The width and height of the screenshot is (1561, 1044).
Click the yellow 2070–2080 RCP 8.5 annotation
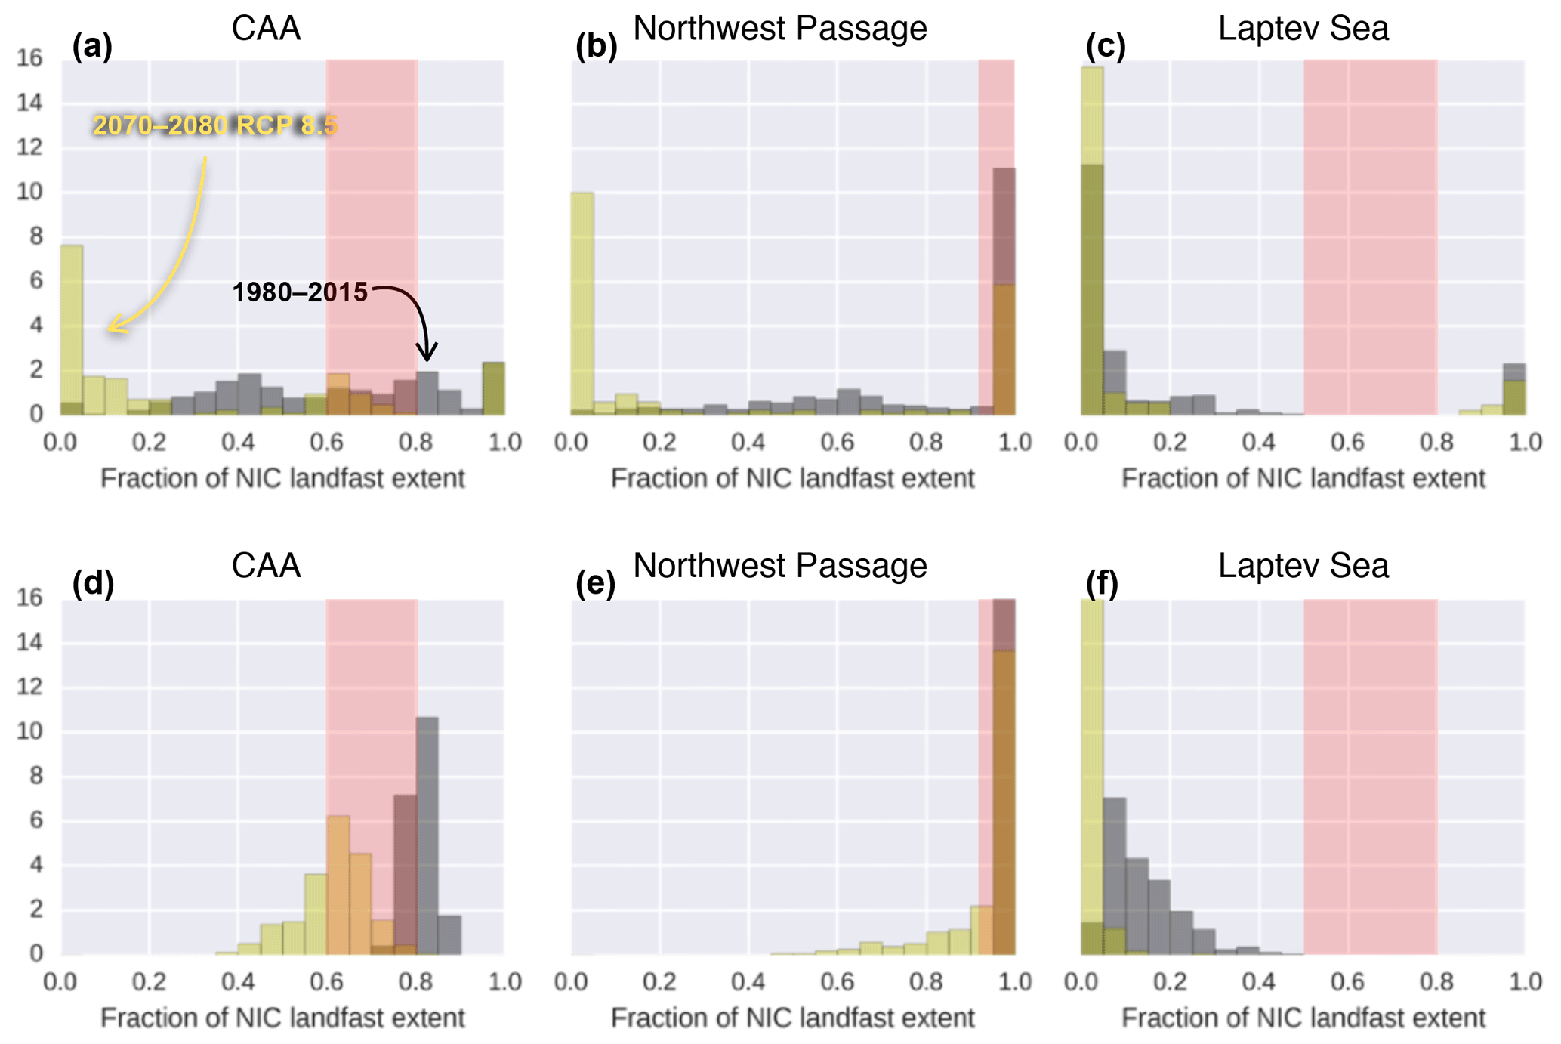tap(215, 125)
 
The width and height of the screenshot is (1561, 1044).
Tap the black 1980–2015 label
tap(300, 292)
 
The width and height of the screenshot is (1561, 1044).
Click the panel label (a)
tap(92, 46)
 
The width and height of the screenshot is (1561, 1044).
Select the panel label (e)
tap(595, 583)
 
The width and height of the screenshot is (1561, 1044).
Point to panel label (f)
tap(1101, 583)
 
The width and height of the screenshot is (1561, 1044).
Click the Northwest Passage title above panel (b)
tap(779, 29)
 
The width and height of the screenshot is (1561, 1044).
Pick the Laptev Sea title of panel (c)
tap(1303, 29)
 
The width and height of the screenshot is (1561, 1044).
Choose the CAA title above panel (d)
tap(266, 566)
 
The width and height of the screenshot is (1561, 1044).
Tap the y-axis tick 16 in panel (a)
tap(29, 58)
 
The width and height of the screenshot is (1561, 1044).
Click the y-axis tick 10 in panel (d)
tap(29, 731)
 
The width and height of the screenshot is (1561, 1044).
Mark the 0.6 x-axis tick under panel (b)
tap(837, 443)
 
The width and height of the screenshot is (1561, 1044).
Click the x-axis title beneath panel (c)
tap(1303, 479)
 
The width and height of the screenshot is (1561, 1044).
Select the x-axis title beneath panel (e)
tap(792, 1018)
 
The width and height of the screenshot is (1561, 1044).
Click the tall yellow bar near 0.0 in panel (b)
tap(582, 302)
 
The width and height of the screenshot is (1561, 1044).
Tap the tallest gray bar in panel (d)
tap(427, 831)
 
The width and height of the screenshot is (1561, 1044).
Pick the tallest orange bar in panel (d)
tap(338, 884)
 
